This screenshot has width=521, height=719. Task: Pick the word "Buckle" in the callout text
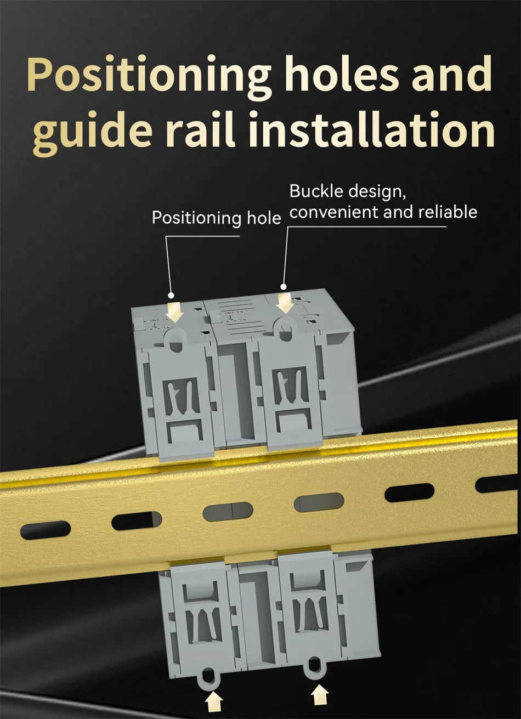tap(317, 191)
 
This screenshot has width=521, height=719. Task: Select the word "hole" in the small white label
tap(264, 218)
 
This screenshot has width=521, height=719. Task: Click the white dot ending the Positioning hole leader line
tap(171, 295)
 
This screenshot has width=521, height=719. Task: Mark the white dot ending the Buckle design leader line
tap(283, 286)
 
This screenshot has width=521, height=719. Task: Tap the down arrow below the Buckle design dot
tap(285, 303)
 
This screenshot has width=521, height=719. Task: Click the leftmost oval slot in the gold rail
tap(46, 530)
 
